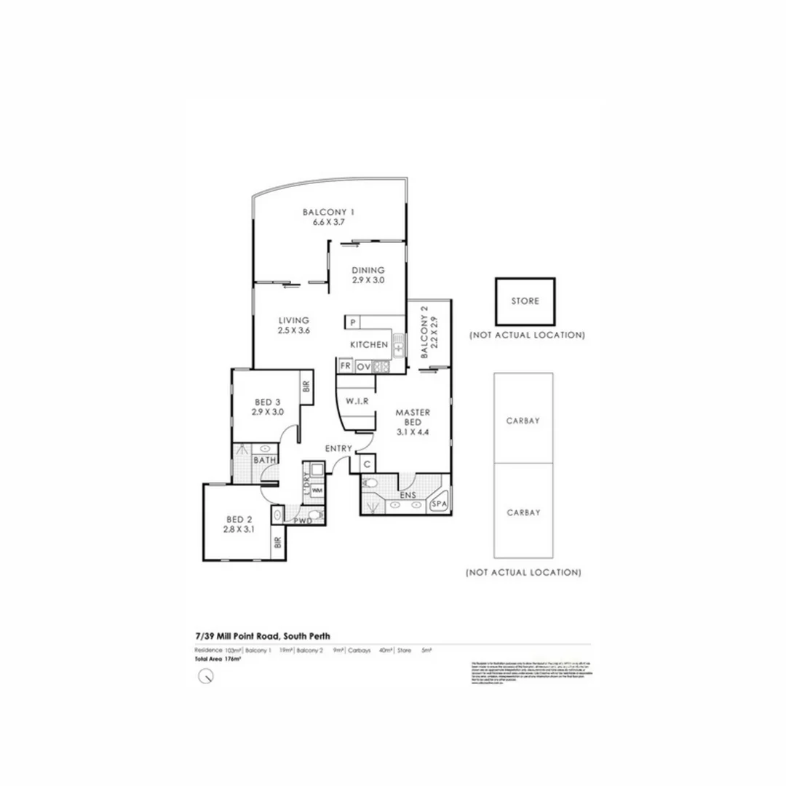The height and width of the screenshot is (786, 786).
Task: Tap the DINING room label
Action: [368, 270]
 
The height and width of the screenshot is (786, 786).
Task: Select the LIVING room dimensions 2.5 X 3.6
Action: [293, 330]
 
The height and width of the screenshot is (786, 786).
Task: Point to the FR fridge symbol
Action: [345, 366]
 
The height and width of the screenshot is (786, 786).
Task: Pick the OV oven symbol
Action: [363, 366]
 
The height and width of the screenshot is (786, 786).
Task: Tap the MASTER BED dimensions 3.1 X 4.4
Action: [413, 423]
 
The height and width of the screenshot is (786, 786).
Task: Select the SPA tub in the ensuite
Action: [439, 504]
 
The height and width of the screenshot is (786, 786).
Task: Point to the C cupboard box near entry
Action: [367, 464]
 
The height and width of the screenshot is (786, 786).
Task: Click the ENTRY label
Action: [338, 448]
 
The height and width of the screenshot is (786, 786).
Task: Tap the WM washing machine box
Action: [317, 491]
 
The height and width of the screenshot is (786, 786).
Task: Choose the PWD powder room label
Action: [303, 521]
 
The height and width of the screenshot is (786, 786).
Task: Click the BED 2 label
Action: [239, 519]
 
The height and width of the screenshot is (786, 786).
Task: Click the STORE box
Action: [525, 301]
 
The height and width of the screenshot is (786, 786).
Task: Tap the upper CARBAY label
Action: [523, 421]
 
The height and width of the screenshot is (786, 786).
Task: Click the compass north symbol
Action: [207, 676]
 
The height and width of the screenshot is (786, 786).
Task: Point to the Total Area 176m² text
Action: [218, 659]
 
